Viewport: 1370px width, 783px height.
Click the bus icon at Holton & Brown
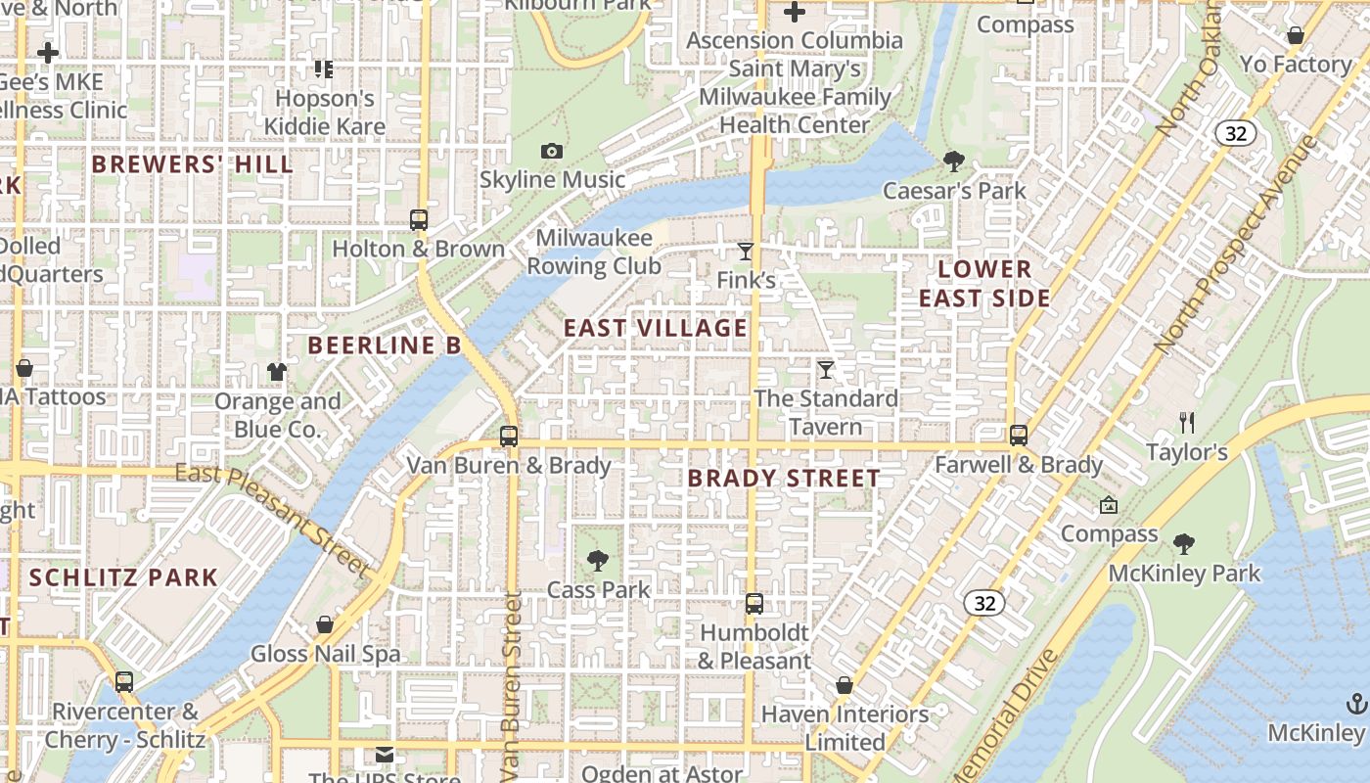pos(419,219)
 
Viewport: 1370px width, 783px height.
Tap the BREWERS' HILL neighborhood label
pos(193,164)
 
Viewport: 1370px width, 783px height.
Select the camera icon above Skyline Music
pos(552,151)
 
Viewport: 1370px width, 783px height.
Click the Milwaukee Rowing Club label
pos(594,253)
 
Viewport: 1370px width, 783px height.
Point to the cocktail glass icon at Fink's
pos(746,252)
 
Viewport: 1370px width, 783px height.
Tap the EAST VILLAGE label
pos(656,328)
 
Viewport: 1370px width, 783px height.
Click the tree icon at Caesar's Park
pos(954,161)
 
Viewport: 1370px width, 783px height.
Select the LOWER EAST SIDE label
pos(984,284)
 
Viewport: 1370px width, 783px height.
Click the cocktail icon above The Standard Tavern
pos(826,369)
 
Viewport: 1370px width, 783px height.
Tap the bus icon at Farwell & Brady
pos(1019,435)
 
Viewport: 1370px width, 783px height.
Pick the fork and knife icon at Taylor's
pos(1187,423)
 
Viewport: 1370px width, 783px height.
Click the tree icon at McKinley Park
pos(1184,543)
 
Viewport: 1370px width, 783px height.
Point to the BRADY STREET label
pos(784,479)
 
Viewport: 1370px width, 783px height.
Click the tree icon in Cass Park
pos(598,561)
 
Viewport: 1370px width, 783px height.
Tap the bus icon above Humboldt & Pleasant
pos(753,603)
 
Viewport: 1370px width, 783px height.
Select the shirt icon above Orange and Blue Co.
pos(277,371)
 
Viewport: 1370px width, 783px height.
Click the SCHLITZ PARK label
pos(123,577)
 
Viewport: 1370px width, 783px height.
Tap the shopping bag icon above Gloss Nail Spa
pos(325,624)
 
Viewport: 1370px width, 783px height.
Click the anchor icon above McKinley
pos(1356,703)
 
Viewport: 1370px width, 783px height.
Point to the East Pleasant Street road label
pos(274,521)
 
